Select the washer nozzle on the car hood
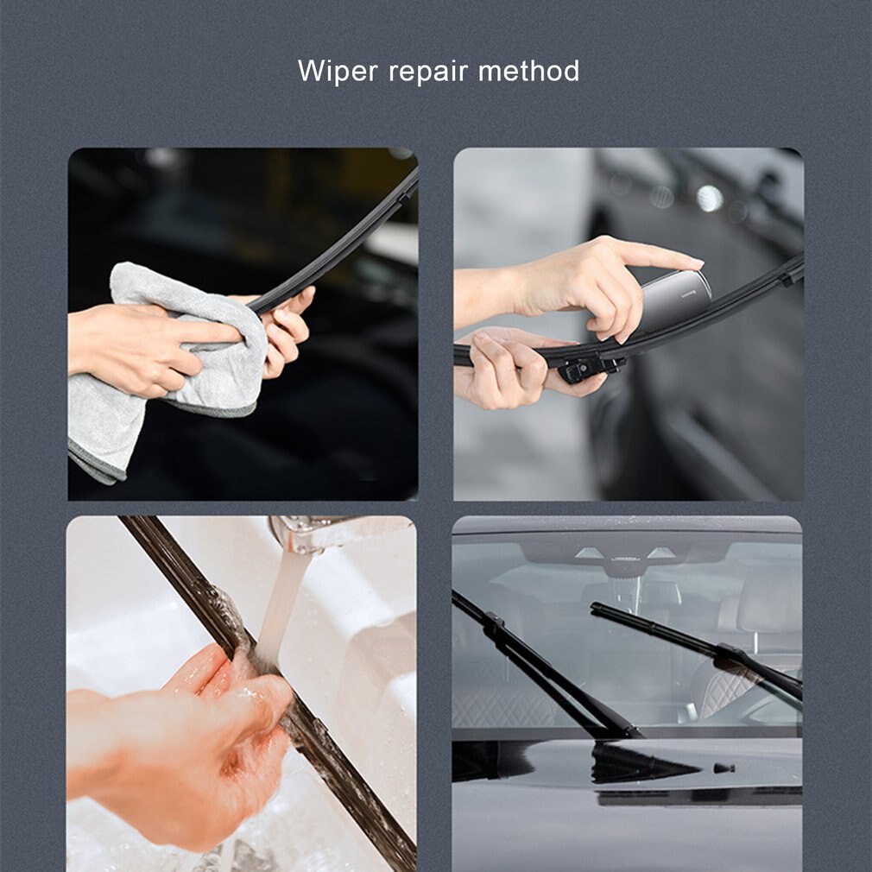click(x=724, y=767)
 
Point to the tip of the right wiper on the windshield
click(x=596, y=608)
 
